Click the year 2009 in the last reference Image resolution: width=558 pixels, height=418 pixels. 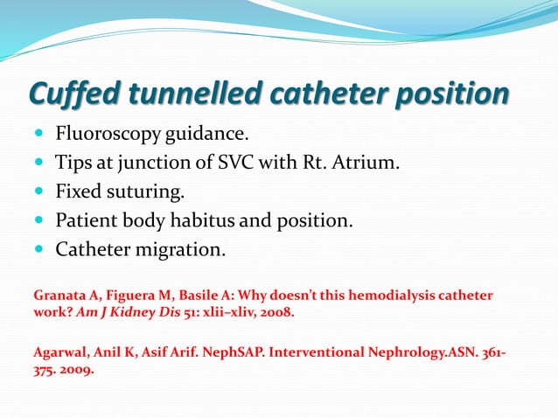click(76, 368)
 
